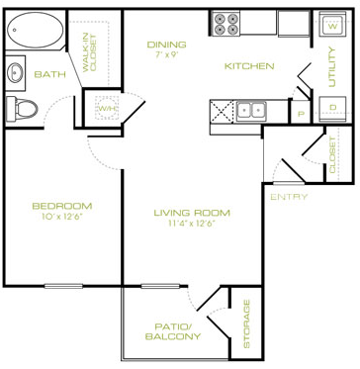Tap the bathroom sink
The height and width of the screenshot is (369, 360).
coord(15,72)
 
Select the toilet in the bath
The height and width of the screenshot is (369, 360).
coord(22,108)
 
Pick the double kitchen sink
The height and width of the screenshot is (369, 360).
coord(251,110)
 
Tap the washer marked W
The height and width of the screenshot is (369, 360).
coord(332,24)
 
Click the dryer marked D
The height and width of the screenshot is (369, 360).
coord(332,108)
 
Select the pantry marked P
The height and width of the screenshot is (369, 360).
coord(301,114)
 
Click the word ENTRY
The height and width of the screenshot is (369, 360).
coord(289,197)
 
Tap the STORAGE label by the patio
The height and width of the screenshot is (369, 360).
coord(246,323)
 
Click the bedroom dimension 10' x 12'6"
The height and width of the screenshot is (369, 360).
coord(62,216)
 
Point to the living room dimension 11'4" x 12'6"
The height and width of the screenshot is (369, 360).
coord(192,223)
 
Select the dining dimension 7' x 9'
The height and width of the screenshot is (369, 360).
coord(166,54)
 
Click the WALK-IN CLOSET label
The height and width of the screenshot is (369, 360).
coord(89,52)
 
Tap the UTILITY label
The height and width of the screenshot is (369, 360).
coord(331,67)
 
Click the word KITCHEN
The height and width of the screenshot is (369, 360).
coord(249,66)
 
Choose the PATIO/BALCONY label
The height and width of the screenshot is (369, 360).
coord(173,331)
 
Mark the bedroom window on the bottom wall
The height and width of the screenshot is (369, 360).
coord(63,286)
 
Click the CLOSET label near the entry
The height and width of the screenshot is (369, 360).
coord(332,155)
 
